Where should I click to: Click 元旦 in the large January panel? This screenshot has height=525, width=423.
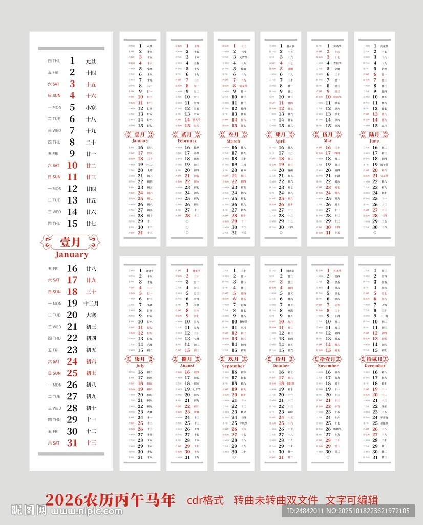91,61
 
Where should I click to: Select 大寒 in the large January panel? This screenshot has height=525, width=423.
91,315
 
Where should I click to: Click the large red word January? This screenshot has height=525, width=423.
72,255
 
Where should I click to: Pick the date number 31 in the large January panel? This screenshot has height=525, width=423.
72,442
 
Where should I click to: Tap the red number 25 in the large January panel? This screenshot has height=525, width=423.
72,373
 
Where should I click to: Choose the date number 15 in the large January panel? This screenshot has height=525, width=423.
72,223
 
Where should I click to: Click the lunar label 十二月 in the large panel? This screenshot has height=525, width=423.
91,303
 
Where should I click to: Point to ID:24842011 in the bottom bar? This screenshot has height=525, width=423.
306,511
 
